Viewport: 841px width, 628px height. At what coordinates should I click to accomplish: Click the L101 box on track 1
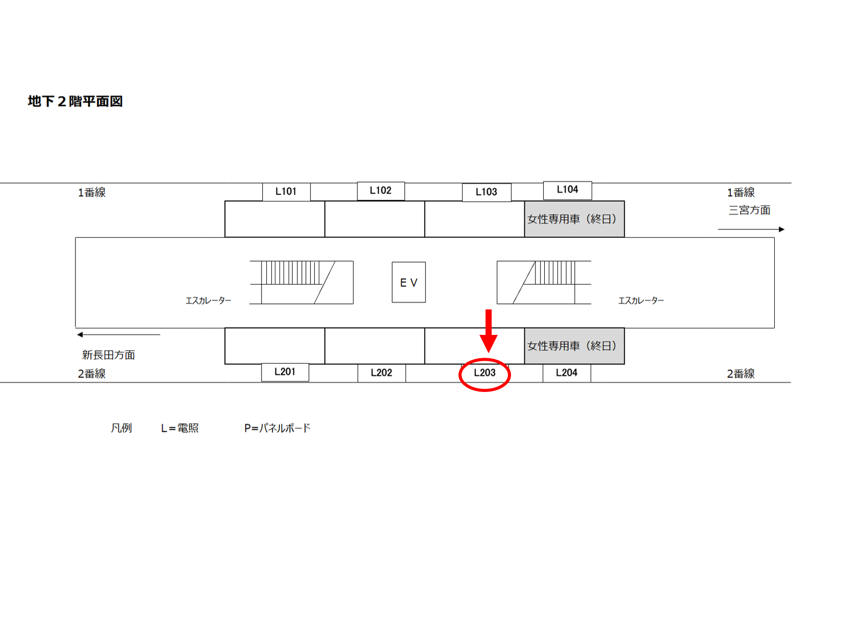[286, 192]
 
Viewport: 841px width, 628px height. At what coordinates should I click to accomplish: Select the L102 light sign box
[380, 191]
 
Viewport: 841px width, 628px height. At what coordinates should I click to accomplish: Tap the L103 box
[486, 192]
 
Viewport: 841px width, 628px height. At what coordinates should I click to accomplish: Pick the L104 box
[567, 190]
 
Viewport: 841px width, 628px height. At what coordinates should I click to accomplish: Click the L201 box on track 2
[285, 372]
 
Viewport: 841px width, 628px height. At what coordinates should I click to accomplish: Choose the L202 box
[381, 373]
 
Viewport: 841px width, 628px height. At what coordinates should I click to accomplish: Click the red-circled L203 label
[485, 373]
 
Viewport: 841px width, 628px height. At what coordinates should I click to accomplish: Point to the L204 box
[566, 373]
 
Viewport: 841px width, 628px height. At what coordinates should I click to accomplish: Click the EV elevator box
[409, 282]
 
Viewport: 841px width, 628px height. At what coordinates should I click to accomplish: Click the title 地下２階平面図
[75, 101]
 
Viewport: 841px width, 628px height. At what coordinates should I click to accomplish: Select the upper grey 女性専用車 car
[574, 219]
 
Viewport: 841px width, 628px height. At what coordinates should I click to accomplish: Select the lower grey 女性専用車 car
[574, 346]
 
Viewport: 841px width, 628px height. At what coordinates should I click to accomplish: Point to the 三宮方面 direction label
[749, 210]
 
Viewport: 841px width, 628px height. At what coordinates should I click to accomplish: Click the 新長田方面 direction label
[108, 355]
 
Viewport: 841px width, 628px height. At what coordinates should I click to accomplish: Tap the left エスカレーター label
[208, 301]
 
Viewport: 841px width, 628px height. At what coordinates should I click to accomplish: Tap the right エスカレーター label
[641, 301]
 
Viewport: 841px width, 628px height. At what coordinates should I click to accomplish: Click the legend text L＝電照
[180, 428]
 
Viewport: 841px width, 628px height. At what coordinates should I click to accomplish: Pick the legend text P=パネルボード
[277, 428]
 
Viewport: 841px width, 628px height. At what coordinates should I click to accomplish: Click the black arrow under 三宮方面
[751, 229]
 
